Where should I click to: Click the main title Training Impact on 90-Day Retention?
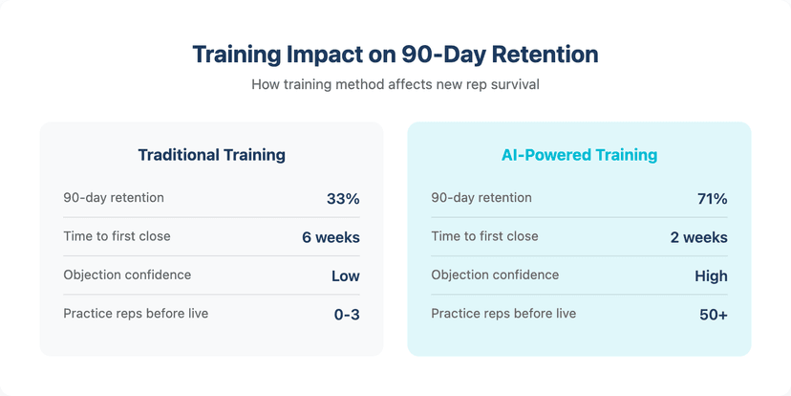pyautogui.click(x=395, y=54)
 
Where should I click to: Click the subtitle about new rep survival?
pyautogui.click(x=395, y=84)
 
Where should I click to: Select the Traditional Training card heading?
pyautogui.click(x=211, y=154)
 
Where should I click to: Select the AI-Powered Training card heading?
pyautogui.click(x=579, y=154)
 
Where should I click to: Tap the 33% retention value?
pyautogui.click(x=343, y=199)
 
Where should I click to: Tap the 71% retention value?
pyautogui.click(x=712, y=199)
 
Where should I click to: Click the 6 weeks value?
pyautogui.click(x=331, y=237)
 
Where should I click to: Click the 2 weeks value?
pyautogui.click(x=698, y=237)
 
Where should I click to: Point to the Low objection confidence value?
pyautogui.click(x=345, y=275)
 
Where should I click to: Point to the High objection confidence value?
pyautogui.click(x=711, y=275)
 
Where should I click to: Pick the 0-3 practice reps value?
pyautogui.click(x=347, y=314)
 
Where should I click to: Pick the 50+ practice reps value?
pyautogui.click(x=712, y=314)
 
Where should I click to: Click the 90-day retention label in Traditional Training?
pyautogui.click(x=114, y=198)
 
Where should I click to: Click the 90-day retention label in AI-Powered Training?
pyautogui.click(x=481, y=198)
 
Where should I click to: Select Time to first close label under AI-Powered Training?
pyautogui.click(x=484, y=236)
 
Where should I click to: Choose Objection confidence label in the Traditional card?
pyautogui.click(x=127, y=275)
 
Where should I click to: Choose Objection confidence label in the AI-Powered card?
pyautogui.click(x=495, y=275)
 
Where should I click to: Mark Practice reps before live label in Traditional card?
pyautogui.click(x=136, y=313)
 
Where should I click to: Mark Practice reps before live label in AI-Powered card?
pyautogui.click(x=503, y=313)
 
